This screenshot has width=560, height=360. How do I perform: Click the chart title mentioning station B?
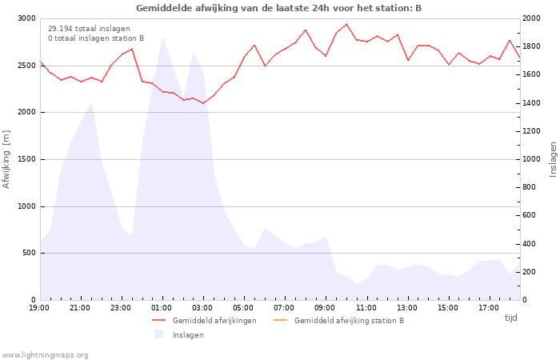coord(278,8)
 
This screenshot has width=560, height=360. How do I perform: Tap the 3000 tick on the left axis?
coord(26,18)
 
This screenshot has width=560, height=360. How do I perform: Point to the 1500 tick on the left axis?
coord(26,159)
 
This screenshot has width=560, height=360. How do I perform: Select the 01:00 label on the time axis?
coord(162,308)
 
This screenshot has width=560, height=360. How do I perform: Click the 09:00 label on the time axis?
coord(325,308)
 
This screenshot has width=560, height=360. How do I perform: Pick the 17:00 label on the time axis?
coord(489,308)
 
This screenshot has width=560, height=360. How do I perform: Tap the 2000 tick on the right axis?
coord(531,18)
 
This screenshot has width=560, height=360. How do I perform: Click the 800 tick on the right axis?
coord(530,187)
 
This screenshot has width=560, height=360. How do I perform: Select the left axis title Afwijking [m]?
coord(6,159)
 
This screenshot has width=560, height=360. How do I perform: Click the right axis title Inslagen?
coord(553,159)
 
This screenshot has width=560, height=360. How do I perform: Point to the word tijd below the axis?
coord(510,318)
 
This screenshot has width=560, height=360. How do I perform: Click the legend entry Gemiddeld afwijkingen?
coord(204,320)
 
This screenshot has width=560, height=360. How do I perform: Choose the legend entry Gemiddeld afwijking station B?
coord(338,320)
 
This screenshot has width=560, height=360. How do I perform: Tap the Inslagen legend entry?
coord(179,334)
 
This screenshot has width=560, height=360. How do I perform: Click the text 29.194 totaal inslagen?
coord(89,29)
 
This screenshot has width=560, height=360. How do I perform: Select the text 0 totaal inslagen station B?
coord(96,38)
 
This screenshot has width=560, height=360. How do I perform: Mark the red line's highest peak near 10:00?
coord(346,24)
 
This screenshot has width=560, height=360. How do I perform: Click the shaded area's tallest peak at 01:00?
coord(162,37)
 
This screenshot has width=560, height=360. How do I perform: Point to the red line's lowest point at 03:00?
coord(203,103)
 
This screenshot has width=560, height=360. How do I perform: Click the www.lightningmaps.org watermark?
coord(44,355)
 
